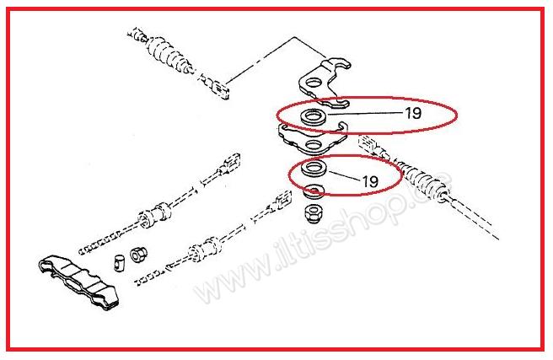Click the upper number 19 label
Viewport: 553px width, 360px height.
click(x=412, y=111)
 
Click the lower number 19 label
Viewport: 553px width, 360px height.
click(x=369, y=180)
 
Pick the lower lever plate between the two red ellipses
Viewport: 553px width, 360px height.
click(x=312, y=135)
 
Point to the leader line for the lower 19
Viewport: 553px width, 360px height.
click(x=344, y=179)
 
